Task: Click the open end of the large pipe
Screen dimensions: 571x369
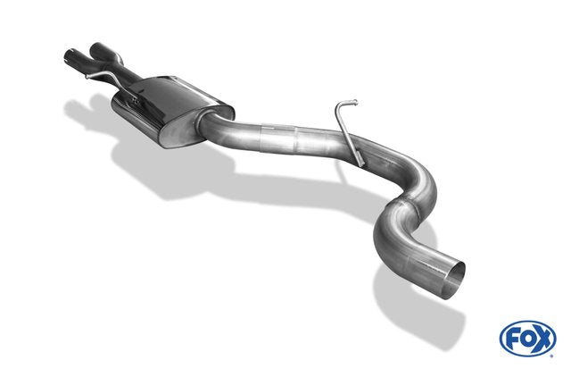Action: [x=456, y=280]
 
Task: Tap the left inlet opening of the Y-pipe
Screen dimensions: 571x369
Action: [x=70, y=56]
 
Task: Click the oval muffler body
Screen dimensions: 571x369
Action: [x=172, y=109]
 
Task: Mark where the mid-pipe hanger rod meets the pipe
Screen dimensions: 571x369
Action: [x=360, y=162]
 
